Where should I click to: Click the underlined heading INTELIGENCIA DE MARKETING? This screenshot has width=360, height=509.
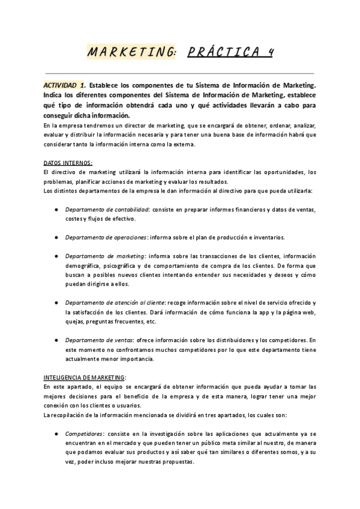coord(85,378)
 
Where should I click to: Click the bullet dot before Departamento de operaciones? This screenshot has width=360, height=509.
coord(55,236)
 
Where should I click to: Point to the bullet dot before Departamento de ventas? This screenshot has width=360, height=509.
coord(55,340)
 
